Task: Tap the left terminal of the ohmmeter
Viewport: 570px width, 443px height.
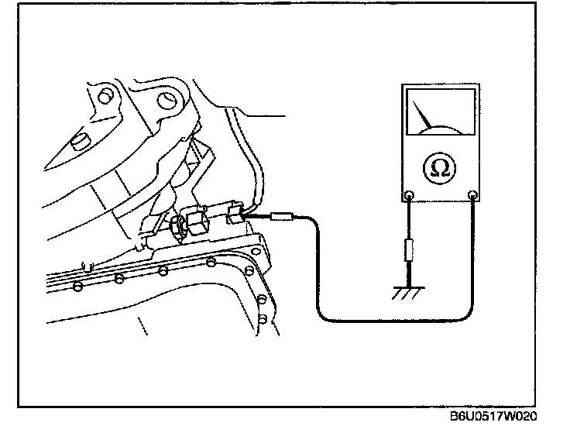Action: [410, 195]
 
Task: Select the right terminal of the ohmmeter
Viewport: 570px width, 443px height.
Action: [472, 195]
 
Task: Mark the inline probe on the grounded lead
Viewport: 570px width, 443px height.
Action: [407, 252]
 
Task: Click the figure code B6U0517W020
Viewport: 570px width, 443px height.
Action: [493, 416]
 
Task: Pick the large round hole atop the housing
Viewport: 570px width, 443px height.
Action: [165, 101]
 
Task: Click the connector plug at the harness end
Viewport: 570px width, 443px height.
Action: [235, 212]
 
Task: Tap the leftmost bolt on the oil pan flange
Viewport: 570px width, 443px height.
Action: [77, 287]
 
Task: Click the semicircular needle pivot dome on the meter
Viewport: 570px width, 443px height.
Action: [441, 129]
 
